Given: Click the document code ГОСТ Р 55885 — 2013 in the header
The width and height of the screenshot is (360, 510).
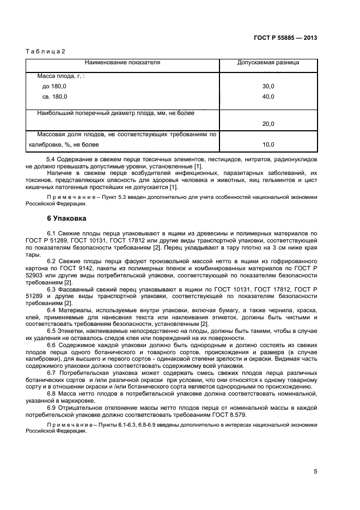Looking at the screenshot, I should pyautogui.click(x=285, y=38).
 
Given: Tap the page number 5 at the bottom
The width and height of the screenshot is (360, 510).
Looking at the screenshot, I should pyautogui.click(x=315, y=472).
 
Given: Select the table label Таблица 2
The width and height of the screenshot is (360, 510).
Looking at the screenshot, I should pyautogui.click(x=45, y=51).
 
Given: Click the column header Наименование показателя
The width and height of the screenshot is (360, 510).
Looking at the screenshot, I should pyautogui.click(x=122, y=63).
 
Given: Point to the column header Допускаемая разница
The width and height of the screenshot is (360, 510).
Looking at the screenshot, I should pyautogui.click(x=268, y=63).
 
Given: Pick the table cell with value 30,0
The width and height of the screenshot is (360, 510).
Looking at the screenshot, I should pyautogui.click(x=268, y=87).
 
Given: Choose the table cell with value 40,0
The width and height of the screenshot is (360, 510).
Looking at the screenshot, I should pyautogui.click(x=268, y=96).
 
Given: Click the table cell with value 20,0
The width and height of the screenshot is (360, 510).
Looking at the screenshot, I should pyautogui.click(x=268, y=124).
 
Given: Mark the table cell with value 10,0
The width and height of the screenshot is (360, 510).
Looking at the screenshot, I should pyautogui.click(x=268, y=145).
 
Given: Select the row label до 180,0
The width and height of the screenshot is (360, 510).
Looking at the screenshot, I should pyautogui.click(x=54, y=87).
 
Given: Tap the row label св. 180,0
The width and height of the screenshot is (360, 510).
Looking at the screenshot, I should pyautogui.click(x=54, y=96).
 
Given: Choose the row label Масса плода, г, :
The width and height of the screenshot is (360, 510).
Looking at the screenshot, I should pyautogui.click(x=60, y=77).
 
